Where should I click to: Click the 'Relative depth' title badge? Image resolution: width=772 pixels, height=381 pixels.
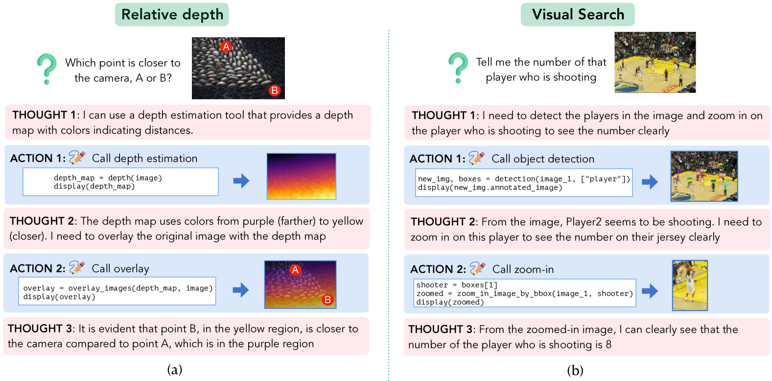pos(172,15)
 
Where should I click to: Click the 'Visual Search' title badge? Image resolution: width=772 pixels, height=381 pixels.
pos(578,15)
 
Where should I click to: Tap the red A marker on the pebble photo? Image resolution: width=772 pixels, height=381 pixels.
pos(226,47)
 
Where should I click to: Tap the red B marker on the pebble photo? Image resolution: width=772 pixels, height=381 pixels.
pos(274,91)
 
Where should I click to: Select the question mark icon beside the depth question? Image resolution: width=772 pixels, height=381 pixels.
pos(47,69)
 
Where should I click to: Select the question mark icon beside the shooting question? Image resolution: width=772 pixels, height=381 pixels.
pos(458,68)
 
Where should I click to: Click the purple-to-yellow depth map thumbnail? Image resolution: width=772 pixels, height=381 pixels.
pos(301,176)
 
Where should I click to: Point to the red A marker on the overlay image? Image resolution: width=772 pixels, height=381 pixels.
pos(295,270)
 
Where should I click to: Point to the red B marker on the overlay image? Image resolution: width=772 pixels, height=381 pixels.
pos(328,300)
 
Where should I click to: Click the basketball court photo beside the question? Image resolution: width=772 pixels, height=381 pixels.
pos(655,62)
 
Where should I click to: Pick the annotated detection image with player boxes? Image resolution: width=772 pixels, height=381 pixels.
pos(704,176)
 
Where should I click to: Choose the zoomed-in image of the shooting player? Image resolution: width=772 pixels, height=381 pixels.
pos(690,286)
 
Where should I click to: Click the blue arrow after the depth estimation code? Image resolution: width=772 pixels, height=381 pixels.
pos(241,181)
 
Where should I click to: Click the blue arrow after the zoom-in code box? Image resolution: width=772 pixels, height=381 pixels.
pos(650,291)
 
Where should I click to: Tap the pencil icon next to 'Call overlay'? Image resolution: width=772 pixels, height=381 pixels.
pos(77,267)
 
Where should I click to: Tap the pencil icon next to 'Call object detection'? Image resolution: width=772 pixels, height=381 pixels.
pos(477,158)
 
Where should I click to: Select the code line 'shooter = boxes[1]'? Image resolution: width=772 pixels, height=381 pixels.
pos(457,285)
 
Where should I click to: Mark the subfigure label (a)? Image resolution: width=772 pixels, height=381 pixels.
pos(175,370)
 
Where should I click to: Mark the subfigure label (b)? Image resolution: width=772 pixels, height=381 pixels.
pos(575,370)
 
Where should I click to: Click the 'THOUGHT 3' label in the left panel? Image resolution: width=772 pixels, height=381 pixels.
pos(40,329)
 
